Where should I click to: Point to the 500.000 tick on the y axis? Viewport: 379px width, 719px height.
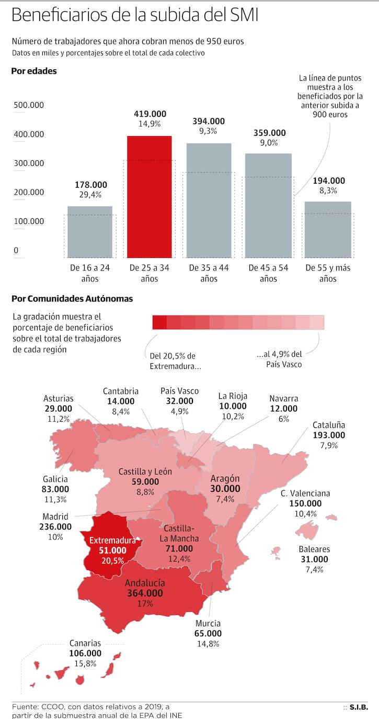click(28, 105)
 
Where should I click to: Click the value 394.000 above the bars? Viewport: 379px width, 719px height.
click(209, 121)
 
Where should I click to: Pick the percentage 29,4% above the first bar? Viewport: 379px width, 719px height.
click(90, 195)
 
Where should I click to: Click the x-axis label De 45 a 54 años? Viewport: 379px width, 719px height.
click(268, 273)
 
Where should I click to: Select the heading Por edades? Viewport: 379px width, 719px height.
click(34, 71)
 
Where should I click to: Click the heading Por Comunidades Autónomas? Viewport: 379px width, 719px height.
click(72, 299)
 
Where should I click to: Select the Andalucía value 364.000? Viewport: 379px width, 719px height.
click(145, 593)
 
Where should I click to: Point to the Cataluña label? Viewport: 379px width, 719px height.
click(329, 425)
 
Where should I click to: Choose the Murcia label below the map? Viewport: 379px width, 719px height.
click(208, 623)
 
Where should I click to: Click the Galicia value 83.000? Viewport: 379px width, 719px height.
click(55, 489)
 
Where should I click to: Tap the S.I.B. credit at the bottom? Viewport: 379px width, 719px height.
click(358, 707)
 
